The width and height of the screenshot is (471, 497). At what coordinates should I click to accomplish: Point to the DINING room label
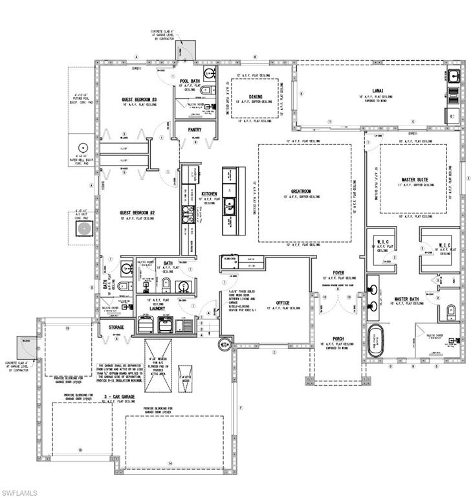pyautogui.click(x=256, y=96)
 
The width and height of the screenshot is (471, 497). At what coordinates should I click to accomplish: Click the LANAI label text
pyautogui.click(x=378, y=91)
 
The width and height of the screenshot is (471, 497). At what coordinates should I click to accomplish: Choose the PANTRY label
pyautogui.click(x=195, y=129)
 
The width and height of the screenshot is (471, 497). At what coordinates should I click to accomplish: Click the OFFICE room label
pyautogui.click(x=283, y=302)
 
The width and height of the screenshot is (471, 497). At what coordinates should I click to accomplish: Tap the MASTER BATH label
pyautogui.click(x=409, y=300)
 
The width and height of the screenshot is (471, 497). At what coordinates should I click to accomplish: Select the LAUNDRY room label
pyautogui.click(x=159, y=309)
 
